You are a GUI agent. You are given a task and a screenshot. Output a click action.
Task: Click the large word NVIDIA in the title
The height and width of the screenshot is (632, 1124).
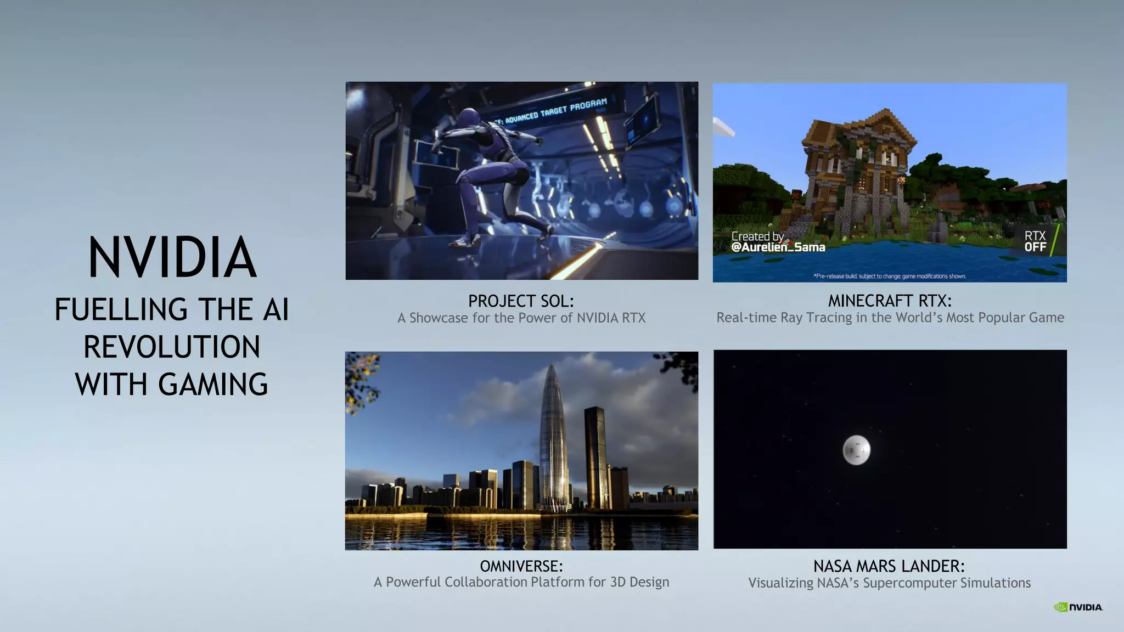click(x=172, y=257)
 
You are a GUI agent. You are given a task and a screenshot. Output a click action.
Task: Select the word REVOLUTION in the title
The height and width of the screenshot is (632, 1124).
click(x=172, y=347)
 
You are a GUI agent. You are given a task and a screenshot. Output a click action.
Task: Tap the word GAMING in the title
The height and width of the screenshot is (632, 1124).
click(x=213, y=384)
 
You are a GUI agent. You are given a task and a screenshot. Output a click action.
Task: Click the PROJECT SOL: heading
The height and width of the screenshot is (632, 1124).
click(x=521, y=301)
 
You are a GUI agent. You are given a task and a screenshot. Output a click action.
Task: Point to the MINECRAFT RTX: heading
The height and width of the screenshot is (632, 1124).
click(x=890, y=301)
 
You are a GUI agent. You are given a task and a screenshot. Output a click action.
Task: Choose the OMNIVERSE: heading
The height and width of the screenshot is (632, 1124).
click(x=521, y=566)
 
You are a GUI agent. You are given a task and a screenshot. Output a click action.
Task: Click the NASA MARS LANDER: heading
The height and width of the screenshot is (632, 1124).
click(x=889, y=566)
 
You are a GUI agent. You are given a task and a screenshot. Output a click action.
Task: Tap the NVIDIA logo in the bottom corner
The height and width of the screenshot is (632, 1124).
click(x=1078, y=607)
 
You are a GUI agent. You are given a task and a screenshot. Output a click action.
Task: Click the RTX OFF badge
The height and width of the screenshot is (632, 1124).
click(x=1035, y=241)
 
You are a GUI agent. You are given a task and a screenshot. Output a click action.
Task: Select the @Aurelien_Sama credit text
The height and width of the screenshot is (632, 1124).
click(x=778, y=247)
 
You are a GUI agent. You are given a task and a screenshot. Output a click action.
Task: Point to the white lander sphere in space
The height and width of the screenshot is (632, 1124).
click(x=856, y=450)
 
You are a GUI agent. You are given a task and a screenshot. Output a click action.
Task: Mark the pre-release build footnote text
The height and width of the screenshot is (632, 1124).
click(x=890, y=276)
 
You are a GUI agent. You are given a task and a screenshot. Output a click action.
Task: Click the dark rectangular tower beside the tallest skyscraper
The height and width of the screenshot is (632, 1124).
click(x=595, y=455)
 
